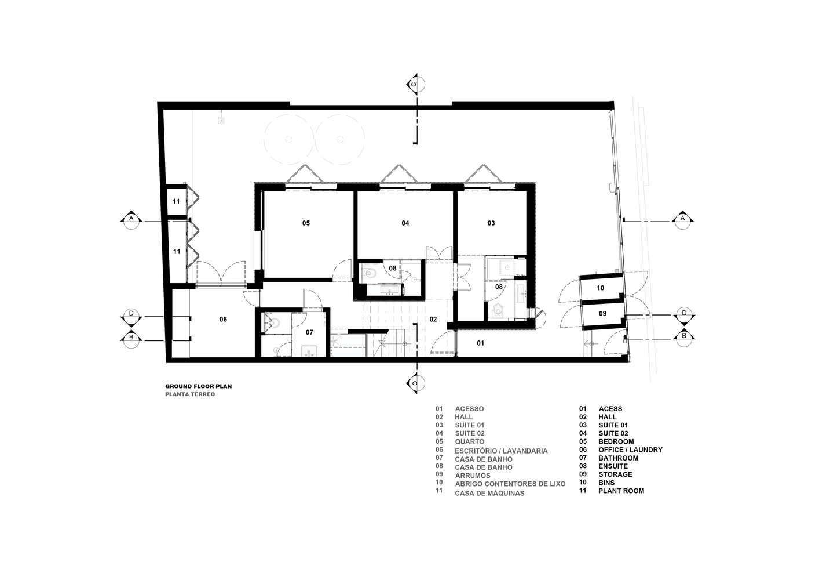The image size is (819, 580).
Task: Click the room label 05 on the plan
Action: pyautogui.click(x=306, y=223)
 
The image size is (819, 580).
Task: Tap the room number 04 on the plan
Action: pyautogui.click(x=405, y=223)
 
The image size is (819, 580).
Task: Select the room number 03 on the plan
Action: pyautogui.click(x=491, y=223)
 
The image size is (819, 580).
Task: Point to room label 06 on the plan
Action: pyautogui.click(x=223, y=320)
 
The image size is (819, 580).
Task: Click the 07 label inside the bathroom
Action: pyautogui.click(x=309, y=332)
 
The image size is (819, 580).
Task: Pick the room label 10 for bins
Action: pyautogui.click(x=601, y=288)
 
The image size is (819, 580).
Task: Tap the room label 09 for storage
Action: pyautogui.click(x=602, y=313)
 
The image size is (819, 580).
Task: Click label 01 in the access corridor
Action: pyautogui.click(x=480, y=343)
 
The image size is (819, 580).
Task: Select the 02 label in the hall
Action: pyautogui.click(x=433, y=320)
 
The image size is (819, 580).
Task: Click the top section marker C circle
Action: pyautogui.click(x=416, y=85)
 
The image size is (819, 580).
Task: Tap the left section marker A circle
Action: pyautogui.click(x=131, y=220)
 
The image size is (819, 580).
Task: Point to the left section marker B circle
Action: pyautogui.click(x=131, y=339)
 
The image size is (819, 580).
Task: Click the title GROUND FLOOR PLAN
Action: pyautogui.click(x=199, y=386)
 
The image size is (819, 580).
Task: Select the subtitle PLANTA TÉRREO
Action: pyautogui.click(x=190, y=394)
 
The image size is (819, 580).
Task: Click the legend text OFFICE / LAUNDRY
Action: pyautogui.click(x=630, y=450)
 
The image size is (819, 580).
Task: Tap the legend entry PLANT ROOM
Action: pyautogui.click(x=621, y=491)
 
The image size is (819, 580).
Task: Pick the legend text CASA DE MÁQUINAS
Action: pyautogui.click(x=489, y=493)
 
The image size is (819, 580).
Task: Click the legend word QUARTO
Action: pyautogui.click(x=470, y=442)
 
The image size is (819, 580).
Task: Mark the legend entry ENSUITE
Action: pyautogui.click(x=613, y=466)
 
